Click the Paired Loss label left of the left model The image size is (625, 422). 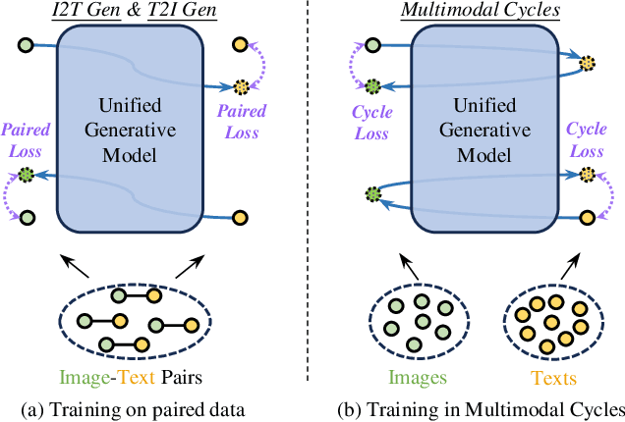(26, 136)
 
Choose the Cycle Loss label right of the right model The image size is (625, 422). (587, 136)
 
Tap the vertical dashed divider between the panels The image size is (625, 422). (312, 196)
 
